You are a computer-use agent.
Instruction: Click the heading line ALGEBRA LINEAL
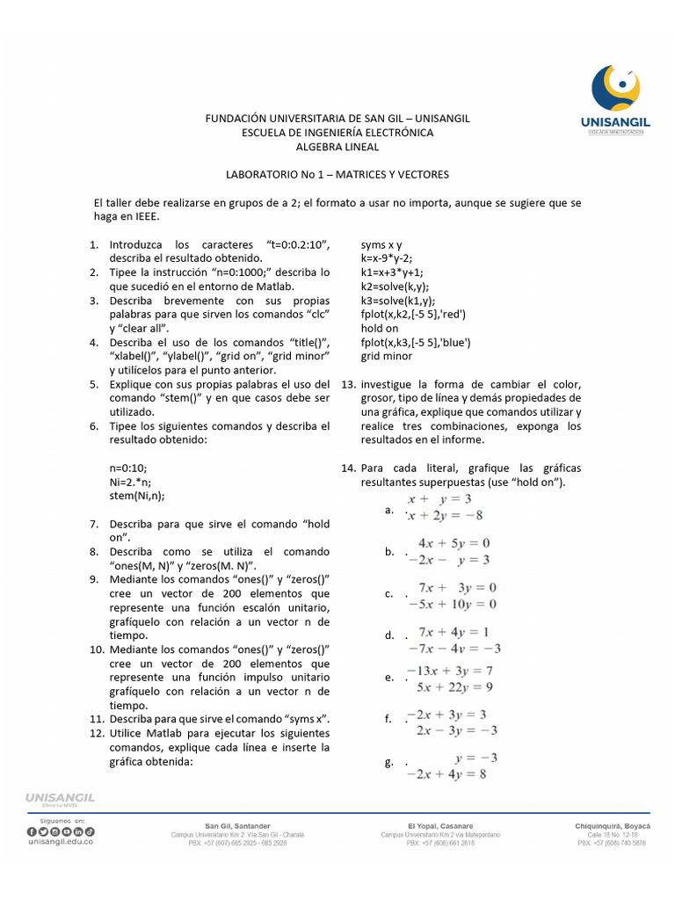(x=337, y=147)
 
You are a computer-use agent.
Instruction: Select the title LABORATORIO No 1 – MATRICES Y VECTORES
(x=337, y=175)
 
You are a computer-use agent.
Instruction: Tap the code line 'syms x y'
(x=381, y=245)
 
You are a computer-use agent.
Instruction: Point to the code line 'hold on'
(x=380, y=329)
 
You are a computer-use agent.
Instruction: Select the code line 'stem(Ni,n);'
(x=136, y=497)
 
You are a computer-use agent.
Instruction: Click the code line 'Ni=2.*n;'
(x=130, y=483)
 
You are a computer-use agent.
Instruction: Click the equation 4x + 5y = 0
(x=454, y=543)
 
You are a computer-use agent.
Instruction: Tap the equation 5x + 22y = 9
(x=454, y=686)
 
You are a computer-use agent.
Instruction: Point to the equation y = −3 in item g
(x=476, y=757)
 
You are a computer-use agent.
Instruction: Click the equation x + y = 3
(x=445, y=498)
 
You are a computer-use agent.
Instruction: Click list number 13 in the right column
(x=347, y=385)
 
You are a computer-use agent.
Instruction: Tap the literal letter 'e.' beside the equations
(x=388, y=678)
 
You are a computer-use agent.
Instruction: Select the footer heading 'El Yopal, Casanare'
(x=439, y=826)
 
